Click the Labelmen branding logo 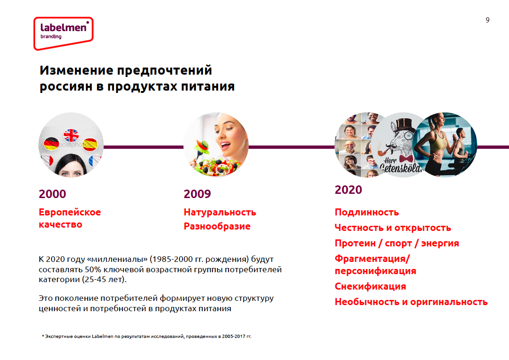tap(63, 33)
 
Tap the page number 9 tap(487, 20)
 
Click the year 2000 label tap(52, 194)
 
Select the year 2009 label tap(197, 194)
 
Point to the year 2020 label tap(348, 190)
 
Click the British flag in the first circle tap(71, 135)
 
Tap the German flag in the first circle tap(51, 144)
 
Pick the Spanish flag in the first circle tap(90, 145)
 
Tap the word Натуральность tap(220, 212)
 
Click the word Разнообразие tap(217, 226)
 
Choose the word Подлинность tap(367, 212)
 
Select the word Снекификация tap(371, 286)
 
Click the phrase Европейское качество tap(70, 218)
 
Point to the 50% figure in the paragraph tap(93, 269)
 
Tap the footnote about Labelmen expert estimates tap(147, 336)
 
